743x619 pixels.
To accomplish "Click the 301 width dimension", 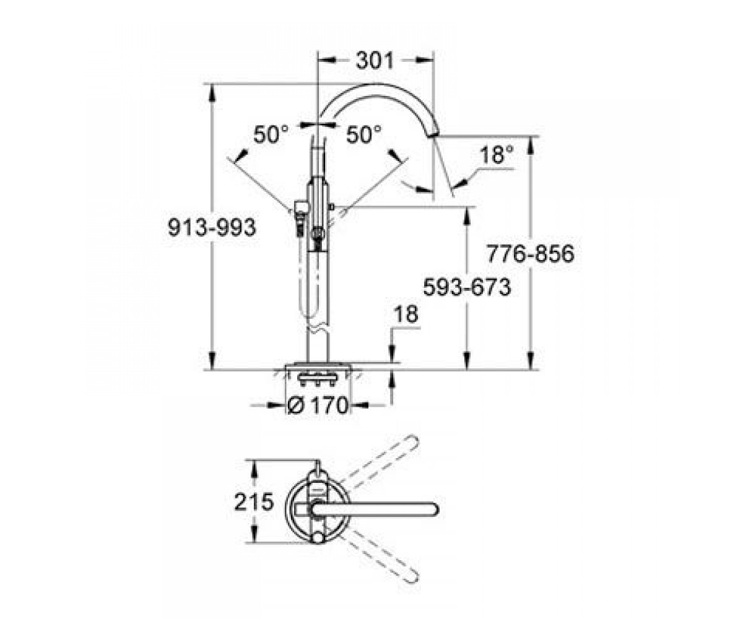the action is pyautogui.click(x=375, y=61).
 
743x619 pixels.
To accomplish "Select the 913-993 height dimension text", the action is pyautogui.click(x=212, y=228).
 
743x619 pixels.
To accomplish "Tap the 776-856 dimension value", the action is pyautogui.click(x=531, y=254).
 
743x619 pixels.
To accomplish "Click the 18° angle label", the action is pyautogui.click(x=497, y=155).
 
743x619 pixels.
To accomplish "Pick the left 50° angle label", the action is pyautogui.click(x=271, y=135).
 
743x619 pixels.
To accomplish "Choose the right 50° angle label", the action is pyautogui.click(x=363, y=135).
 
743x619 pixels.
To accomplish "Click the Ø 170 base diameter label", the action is pyautogui.click(x=317, y=405).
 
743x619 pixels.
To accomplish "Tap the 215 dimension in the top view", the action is pyautogui.click(x=254, y=502).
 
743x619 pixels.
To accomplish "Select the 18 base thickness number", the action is pyautogui.click(x=407, y=314).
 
